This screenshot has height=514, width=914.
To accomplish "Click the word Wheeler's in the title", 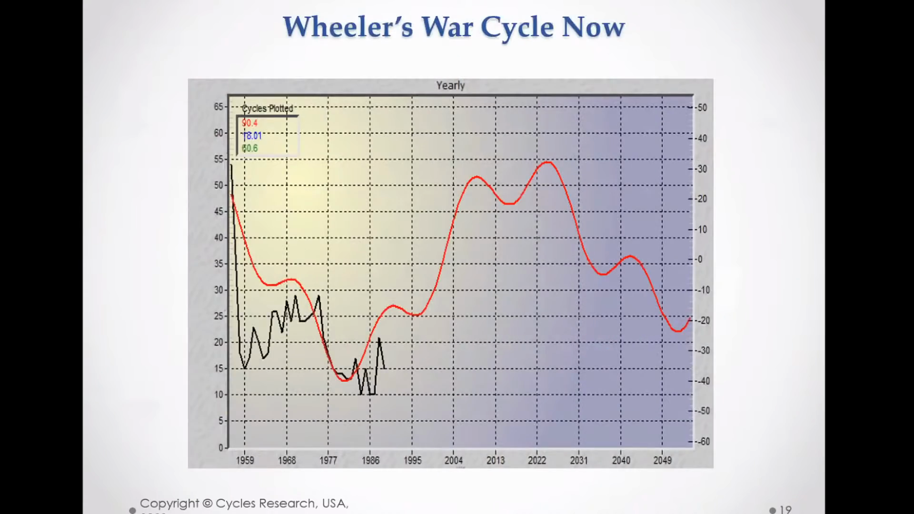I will click(x=348, y=27).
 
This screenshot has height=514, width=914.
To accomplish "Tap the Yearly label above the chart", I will click(x=450, y=86).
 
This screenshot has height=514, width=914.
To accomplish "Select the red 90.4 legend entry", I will click(x=249, y=123).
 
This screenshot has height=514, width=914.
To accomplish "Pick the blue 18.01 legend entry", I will click(x=252, y=136).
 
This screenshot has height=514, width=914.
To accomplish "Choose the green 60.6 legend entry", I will click(x=249, y=148).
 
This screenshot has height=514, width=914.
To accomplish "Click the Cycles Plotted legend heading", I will click(x=268, y=109).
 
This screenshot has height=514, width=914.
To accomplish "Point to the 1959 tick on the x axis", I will click(x=245, y=460).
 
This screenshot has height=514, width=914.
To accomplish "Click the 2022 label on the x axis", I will click(x=537, y=460).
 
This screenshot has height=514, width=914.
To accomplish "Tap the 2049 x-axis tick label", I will click(x=662, y=460).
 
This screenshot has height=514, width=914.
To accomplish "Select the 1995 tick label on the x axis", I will click(x=412, y=460).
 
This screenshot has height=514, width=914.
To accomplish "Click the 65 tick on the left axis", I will click(x=218, y=107).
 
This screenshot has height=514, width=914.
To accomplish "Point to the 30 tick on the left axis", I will click(x=218, y=290).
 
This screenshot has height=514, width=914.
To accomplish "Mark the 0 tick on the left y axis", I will click(x=221, y=447).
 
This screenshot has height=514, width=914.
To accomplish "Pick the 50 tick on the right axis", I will click(x=702, y=108).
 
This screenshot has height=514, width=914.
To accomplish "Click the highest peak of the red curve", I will click(x=548, y=162).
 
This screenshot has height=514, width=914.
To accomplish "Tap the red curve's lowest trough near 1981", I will click(x=345, y=380).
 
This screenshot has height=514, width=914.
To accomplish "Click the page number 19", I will click(x=785, y=509).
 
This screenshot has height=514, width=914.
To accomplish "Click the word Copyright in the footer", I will click(x=169, y=504).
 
